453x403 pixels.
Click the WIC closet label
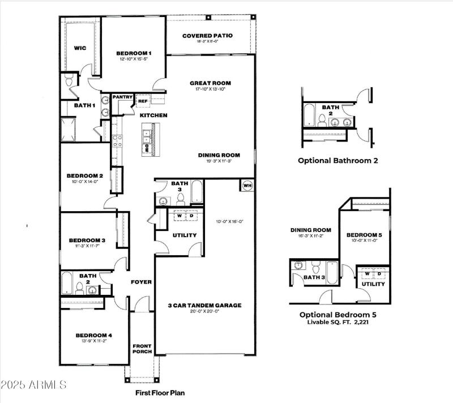80,48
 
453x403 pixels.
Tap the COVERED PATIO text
207,36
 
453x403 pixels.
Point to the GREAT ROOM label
210,83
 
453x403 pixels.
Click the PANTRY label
122,97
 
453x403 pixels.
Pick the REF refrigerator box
142,101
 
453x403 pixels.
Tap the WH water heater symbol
247,185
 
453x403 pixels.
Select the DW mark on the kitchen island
146,149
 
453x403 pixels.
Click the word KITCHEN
154,115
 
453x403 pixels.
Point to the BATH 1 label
84,105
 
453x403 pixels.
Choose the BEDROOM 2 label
84,175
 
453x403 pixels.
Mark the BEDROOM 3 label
87,240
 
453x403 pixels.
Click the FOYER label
141,282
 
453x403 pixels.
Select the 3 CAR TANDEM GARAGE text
204,306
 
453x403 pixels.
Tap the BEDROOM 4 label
94,336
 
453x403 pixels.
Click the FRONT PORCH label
142,348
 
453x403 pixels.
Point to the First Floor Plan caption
159,392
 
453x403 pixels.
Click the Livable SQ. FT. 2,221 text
338,321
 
